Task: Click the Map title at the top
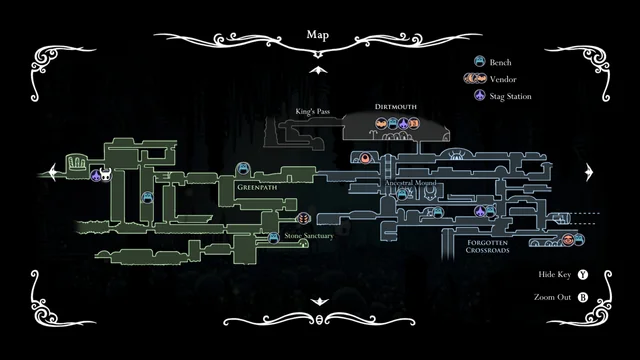point(319,35)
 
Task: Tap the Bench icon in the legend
point(479,61)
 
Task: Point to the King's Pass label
point(313,111)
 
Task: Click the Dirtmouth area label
point(396,106)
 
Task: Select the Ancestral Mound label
point(410,184)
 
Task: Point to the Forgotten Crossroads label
point(486,246)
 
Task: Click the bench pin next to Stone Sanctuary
point(273,237)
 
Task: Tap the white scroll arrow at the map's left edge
point(45,171)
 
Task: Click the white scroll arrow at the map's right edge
point(593,171)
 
